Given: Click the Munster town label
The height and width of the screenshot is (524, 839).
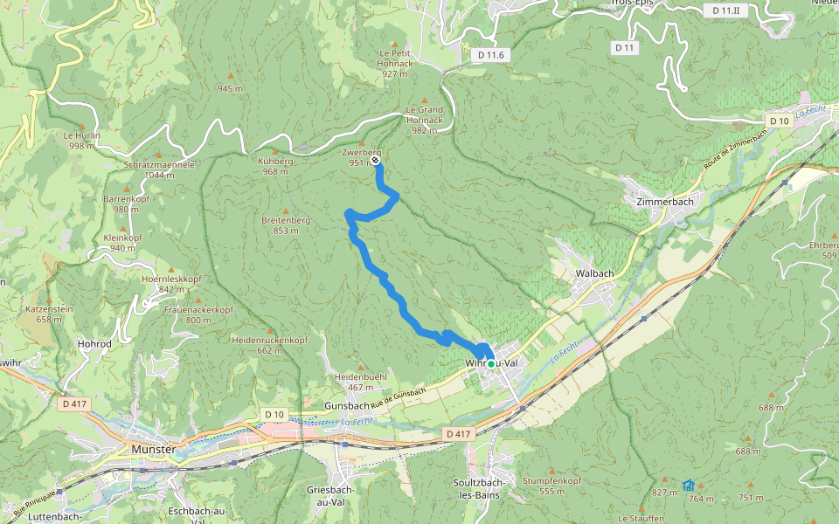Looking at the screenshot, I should click(x=153, y=449).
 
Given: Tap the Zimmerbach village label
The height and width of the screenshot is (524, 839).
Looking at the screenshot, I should click(x=659, y=201).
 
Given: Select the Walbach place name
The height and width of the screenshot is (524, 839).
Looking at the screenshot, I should click(x=594, y=273).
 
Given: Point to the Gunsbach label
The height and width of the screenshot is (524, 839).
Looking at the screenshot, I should click(x=347, y=407).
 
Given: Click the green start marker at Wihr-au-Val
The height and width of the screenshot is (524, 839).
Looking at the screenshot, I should click(x=491, y=363).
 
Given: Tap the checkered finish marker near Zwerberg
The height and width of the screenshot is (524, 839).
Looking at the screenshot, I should click(x=375, y=161).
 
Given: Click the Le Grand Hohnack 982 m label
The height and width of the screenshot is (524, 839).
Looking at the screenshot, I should click(x=424, y=120).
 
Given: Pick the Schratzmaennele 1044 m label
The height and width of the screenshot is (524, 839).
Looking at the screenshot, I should click(x=159, y=169).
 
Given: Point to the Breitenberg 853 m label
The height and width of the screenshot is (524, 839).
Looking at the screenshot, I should click(x=286, y=225).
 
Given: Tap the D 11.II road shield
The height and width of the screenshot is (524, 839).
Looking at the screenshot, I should click(x=725, y=10).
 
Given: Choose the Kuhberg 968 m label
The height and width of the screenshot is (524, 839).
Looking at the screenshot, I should click(x=275, y=166).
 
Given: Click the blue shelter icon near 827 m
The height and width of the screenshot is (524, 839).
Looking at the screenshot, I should click(x=689, y=485).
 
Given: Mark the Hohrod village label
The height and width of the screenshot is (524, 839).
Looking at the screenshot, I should click(x=94, y=344).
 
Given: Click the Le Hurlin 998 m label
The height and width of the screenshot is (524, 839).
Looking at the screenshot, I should click(x=81, y=141).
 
